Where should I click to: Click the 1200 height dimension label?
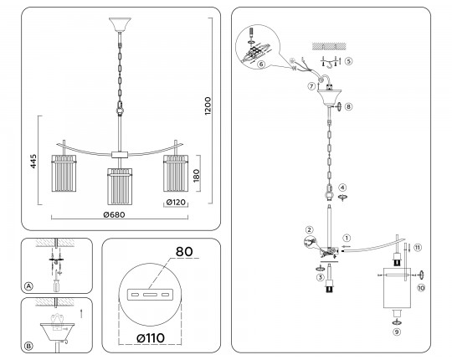(x=208, y=106)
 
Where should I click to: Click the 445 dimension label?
(x=33, y=161)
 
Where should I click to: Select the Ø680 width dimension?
(x=114, y=214)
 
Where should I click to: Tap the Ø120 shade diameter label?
(x=176, y=203)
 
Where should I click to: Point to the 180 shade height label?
(x=197, y=175)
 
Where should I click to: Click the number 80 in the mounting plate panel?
(x=184, y=252)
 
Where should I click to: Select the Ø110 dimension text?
(x=151, y=337)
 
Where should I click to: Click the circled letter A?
(x=28, y=286)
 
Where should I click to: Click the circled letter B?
(x=28, y=346)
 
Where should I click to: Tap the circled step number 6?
(x=261, y=64)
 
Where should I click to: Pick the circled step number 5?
(x=348, y=61)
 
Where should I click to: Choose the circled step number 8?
(x=348, y=106)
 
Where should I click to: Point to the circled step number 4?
(x=342, y=188)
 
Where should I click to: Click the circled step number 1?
(x=347, y=238)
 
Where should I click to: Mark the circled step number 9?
(x=397, y=332)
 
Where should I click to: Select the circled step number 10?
(x=421, y=288)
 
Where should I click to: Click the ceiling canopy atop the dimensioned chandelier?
(x=120, y=25)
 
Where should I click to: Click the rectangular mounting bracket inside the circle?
(x=150, y=295)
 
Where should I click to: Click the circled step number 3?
(x=320, y=278)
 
